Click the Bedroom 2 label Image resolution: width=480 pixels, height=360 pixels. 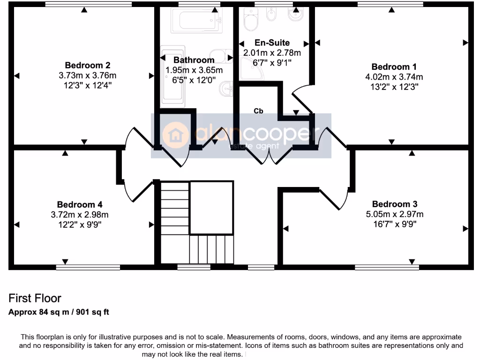(88, 65)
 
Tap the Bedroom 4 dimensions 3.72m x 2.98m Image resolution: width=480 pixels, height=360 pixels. (80, 215)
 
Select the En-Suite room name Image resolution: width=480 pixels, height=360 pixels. (272, 43)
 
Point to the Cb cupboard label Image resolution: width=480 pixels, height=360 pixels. (258, 111)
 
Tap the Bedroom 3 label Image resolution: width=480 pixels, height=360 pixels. (394, 204)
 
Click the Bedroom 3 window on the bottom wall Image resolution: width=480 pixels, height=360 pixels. (387, 268)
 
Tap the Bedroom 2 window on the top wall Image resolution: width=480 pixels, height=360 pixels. (88, 4)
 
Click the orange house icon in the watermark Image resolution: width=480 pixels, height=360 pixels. (175, 135)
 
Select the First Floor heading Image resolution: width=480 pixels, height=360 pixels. (35, 298)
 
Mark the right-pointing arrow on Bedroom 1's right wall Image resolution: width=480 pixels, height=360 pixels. (465, 43)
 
